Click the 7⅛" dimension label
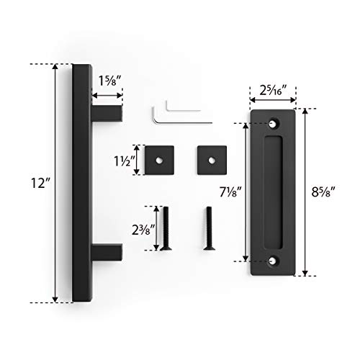(230, 192)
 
